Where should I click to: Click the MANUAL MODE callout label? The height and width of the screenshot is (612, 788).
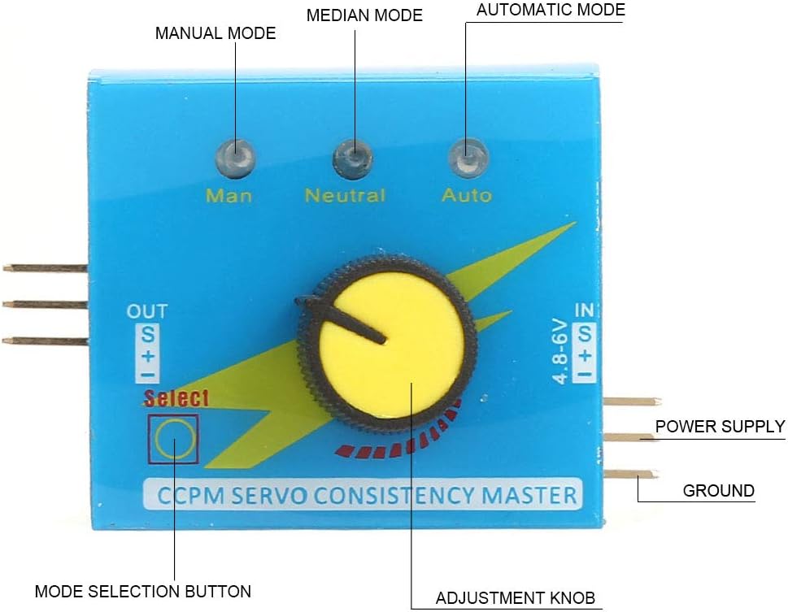(x=216, y=33)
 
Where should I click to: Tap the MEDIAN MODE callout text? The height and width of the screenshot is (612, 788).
(x=364, y=15)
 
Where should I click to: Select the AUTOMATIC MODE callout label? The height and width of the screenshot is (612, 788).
(x=551, y=11)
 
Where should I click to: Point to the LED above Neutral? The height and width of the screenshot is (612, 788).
(x=352, y=156)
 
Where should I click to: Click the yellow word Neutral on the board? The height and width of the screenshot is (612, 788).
(x=345, y=196)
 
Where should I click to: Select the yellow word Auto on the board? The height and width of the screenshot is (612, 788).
(x=466, y=196)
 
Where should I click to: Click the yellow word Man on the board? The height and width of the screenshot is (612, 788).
(x=229, y=196)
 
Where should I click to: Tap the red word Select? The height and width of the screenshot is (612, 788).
(x=176, y=398)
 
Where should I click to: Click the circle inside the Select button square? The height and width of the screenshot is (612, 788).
(x=175, y=439)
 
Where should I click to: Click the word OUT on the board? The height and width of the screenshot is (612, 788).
(x=147, y=310)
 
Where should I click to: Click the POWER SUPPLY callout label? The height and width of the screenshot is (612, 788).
(x=720, y=427)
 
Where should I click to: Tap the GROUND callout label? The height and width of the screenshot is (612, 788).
(x=718, y=491)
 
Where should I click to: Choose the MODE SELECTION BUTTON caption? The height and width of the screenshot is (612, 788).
(x=143, y=591)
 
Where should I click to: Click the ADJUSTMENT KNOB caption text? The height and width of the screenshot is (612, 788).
(x=516, y=599)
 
